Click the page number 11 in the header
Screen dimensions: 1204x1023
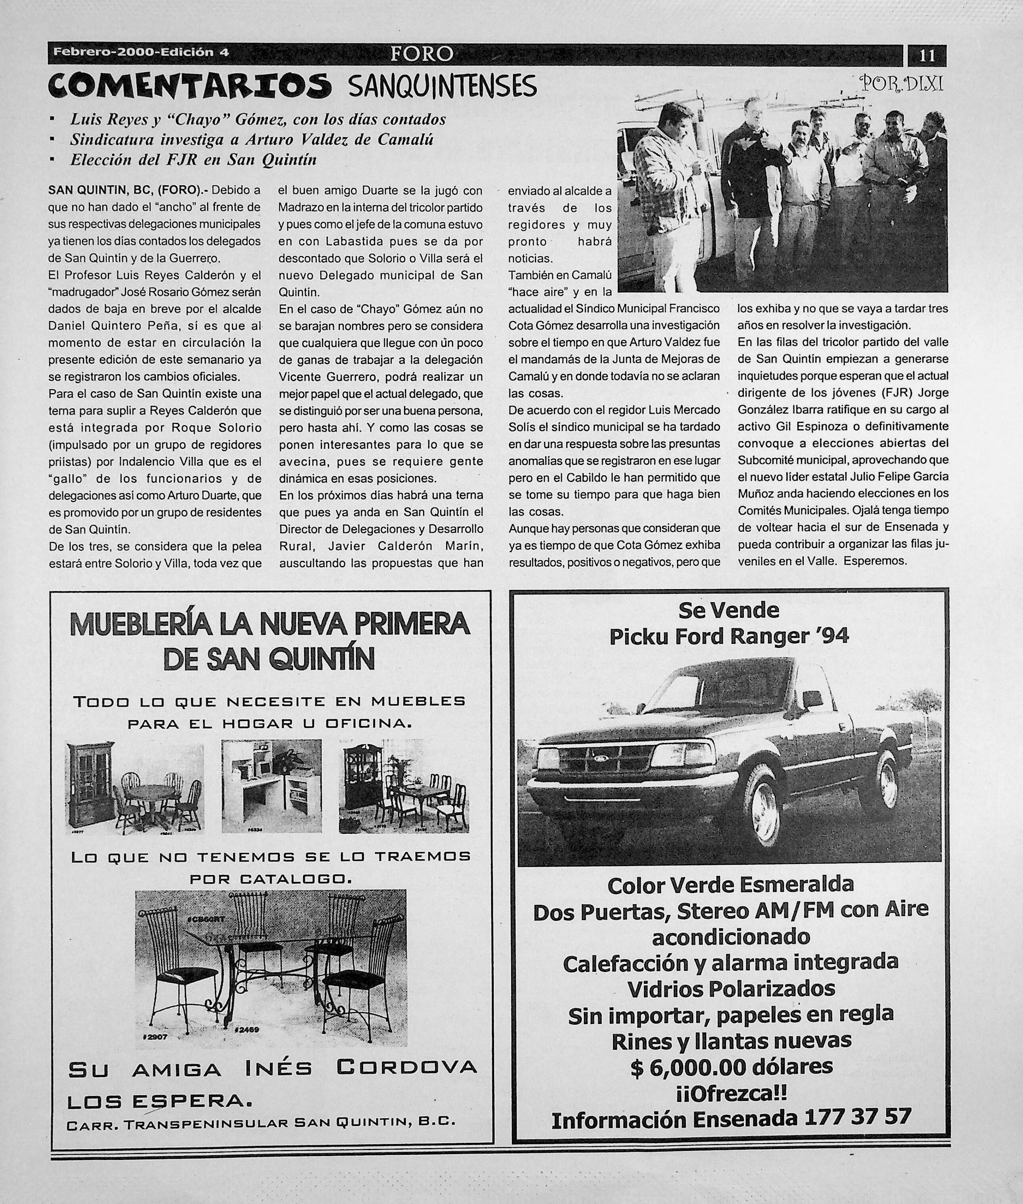click(926, 56)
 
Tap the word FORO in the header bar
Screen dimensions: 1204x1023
click(421, 54)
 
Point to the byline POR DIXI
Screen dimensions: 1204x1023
click(903, 85)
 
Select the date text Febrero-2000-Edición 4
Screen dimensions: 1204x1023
click(141, 52)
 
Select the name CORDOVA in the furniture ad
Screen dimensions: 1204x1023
click(406, 1066)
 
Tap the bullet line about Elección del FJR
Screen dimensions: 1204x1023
click(193, 159)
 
